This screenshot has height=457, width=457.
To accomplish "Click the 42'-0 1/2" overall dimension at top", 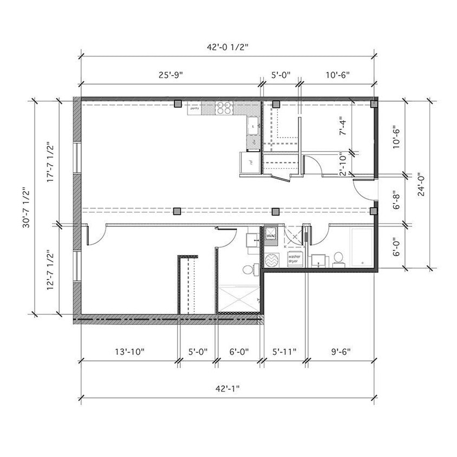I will (227, 47).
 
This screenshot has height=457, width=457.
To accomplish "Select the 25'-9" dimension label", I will (171, 75).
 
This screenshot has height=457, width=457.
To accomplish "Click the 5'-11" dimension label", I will (283, 351).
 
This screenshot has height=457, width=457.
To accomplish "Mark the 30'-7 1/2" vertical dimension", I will (26, 207).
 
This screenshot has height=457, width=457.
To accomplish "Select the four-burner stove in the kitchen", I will (224, 107).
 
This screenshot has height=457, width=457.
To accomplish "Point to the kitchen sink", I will (252, 126).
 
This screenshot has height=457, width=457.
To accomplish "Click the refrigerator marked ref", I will (250, 162).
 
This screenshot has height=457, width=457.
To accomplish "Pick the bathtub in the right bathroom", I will (360, 247).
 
